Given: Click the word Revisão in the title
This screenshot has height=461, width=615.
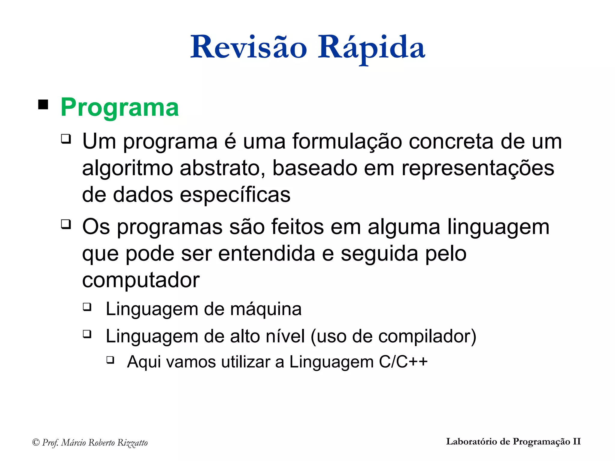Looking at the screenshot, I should pos(249,47).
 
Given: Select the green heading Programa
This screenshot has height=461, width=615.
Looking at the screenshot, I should pos(120,107).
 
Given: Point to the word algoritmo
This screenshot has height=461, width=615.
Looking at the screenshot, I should pos(127,168).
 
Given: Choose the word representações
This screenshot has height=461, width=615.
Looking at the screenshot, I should pos(478,168).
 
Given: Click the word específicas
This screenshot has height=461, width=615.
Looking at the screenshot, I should pos(235,194).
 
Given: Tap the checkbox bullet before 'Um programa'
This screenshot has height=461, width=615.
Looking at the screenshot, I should pos(66,139).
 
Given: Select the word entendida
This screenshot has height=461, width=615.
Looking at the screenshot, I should pos(267,254).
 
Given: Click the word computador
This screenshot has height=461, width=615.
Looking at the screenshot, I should pos(141,280).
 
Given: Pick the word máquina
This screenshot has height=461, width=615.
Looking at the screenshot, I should pos(266,309).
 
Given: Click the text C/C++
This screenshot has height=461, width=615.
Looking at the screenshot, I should pos(403,362).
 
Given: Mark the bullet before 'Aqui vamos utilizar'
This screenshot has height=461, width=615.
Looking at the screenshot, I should pos(110,360).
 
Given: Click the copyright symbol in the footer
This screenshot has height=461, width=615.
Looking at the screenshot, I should pos(36,442).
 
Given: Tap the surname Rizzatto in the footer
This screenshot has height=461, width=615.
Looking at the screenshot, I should pos(132,443).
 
